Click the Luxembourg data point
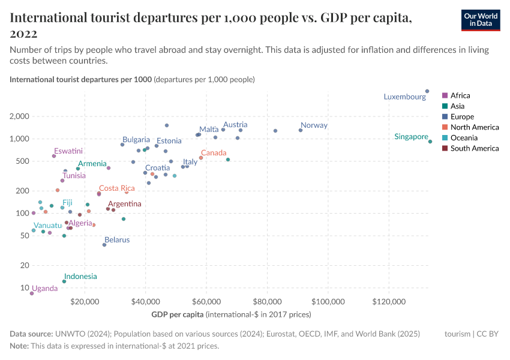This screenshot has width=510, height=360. tap(427, 91)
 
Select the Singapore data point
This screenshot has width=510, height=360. tap(430, 142)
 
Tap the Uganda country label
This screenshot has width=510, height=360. tap(45, 288)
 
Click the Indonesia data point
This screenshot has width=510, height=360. tap(64, 281)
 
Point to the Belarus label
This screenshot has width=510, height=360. tap(117, 239)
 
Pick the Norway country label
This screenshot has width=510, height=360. tap(314, 125)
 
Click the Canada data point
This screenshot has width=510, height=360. tap(201, 158)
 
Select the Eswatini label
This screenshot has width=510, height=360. tap(68, 151)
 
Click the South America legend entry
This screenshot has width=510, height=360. tap(474, 148)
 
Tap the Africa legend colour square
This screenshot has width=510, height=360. tap(445, 95)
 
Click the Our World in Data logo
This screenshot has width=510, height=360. tap(481, 20)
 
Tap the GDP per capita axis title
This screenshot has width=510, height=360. tap(178, 314)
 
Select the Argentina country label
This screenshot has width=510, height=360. tap(124, 204)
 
